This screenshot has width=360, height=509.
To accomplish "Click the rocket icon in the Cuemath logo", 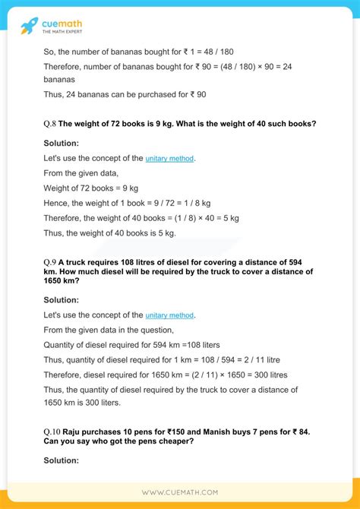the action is tap(30, 26).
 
